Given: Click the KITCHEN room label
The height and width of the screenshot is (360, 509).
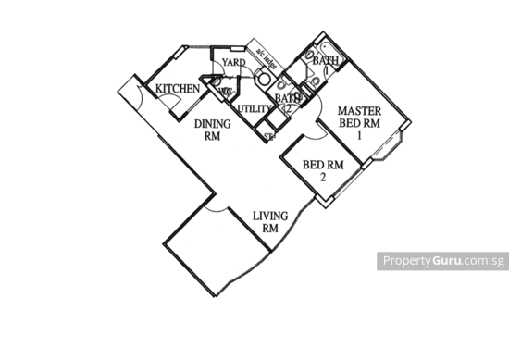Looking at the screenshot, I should coord(176,88).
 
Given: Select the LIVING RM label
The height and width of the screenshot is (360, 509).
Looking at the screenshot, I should coord(270,221).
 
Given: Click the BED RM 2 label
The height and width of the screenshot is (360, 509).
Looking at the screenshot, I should coord(323,170).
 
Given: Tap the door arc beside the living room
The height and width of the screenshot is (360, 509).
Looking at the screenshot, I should coord(214,214).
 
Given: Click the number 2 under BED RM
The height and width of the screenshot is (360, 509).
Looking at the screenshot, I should coord(323,177).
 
